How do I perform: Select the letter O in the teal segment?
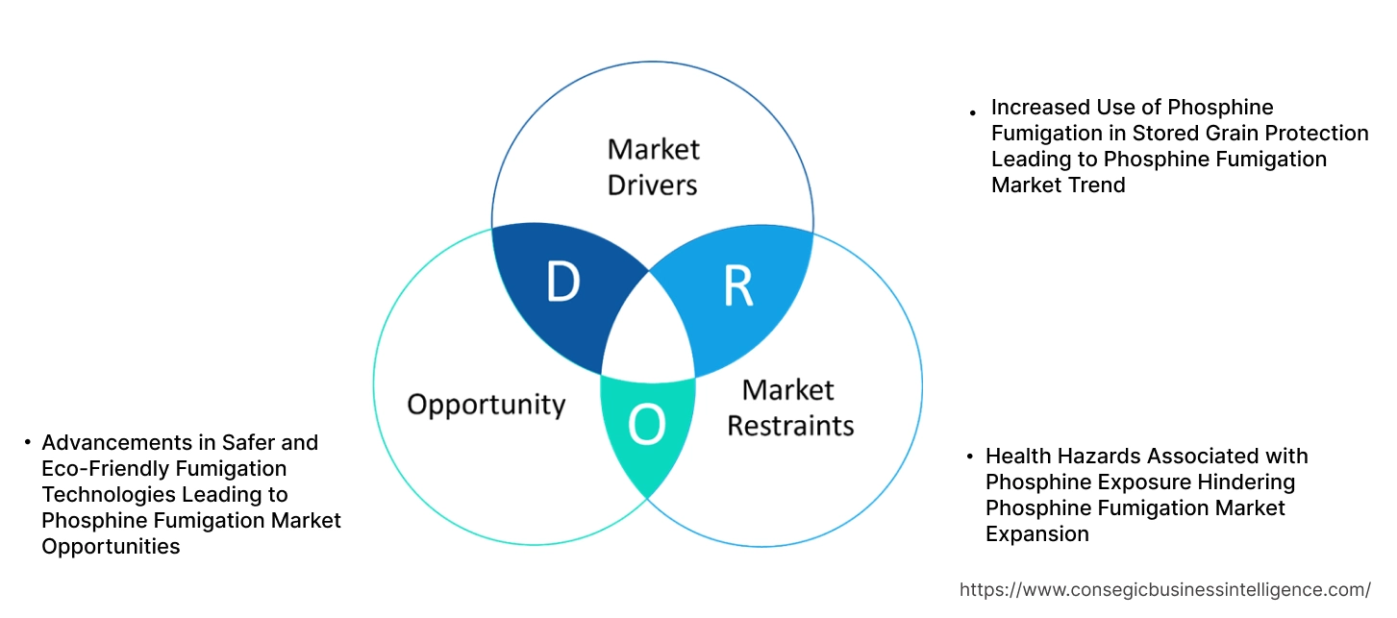pos(646,426)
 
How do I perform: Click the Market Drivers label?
pos(653,166)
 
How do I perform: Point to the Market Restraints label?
pos(789,408)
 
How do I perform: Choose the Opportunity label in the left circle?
pos(486,404)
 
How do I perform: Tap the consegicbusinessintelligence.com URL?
pos(1165,589)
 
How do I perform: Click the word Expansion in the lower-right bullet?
pos(1037,533)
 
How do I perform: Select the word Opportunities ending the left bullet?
pos(111,546)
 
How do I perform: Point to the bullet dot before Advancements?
pos(27,443)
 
